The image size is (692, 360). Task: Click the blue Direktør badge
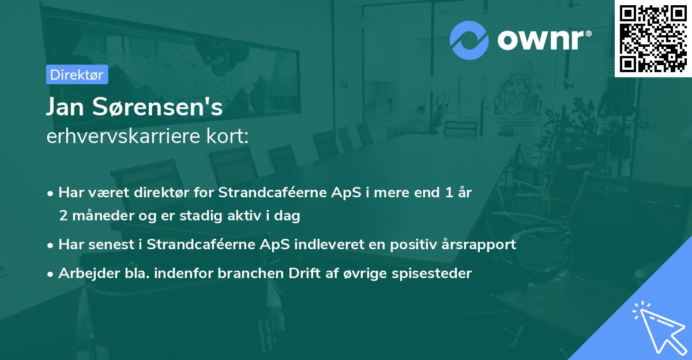[77, 74]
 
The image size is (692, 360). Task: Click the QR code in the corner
[653, 38]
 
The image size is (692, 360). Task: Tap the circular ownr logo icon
[469, 40]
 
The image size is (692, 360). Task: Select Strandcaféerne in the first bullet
[263, 193]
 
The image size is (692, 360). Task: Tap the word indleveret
[329, 245]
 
